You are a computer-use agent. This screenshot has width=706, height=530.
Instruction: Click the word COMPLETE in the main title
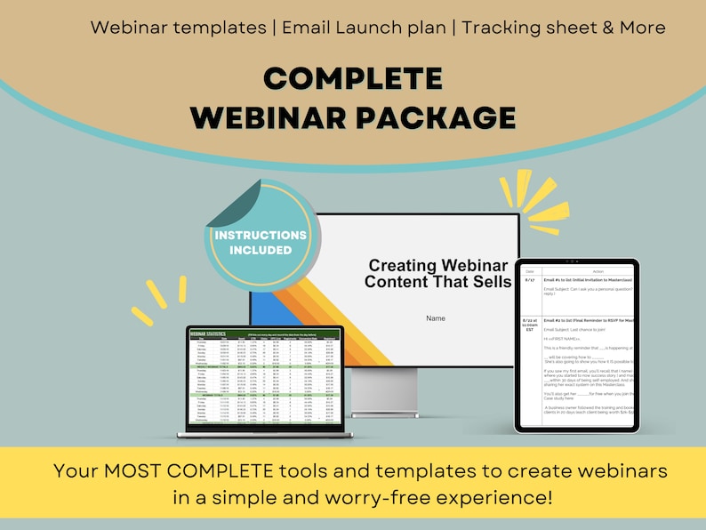coord(353,78)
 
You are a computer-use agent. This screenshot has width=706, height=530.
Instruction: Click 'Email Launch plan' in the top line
coord(364,27)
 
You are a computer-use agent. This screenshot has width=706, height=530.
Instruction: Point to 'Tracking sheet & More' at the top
coord(563,27)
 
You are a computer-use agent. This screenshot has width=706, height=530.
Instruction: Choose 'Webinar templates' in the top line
coord(178,27)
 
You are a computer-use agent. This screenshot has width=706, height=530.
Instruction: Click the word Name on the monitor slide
coord(436,317)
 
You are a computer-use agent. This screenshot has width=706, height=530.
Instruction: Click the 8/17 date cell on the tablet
coord(530,279)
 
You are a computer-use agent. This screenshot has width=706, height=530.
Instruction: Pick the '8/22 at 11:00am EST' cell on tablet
coord(530,325)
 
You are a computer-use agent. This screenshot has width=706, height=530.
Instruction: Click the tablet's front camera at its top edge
coord(577,262)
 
